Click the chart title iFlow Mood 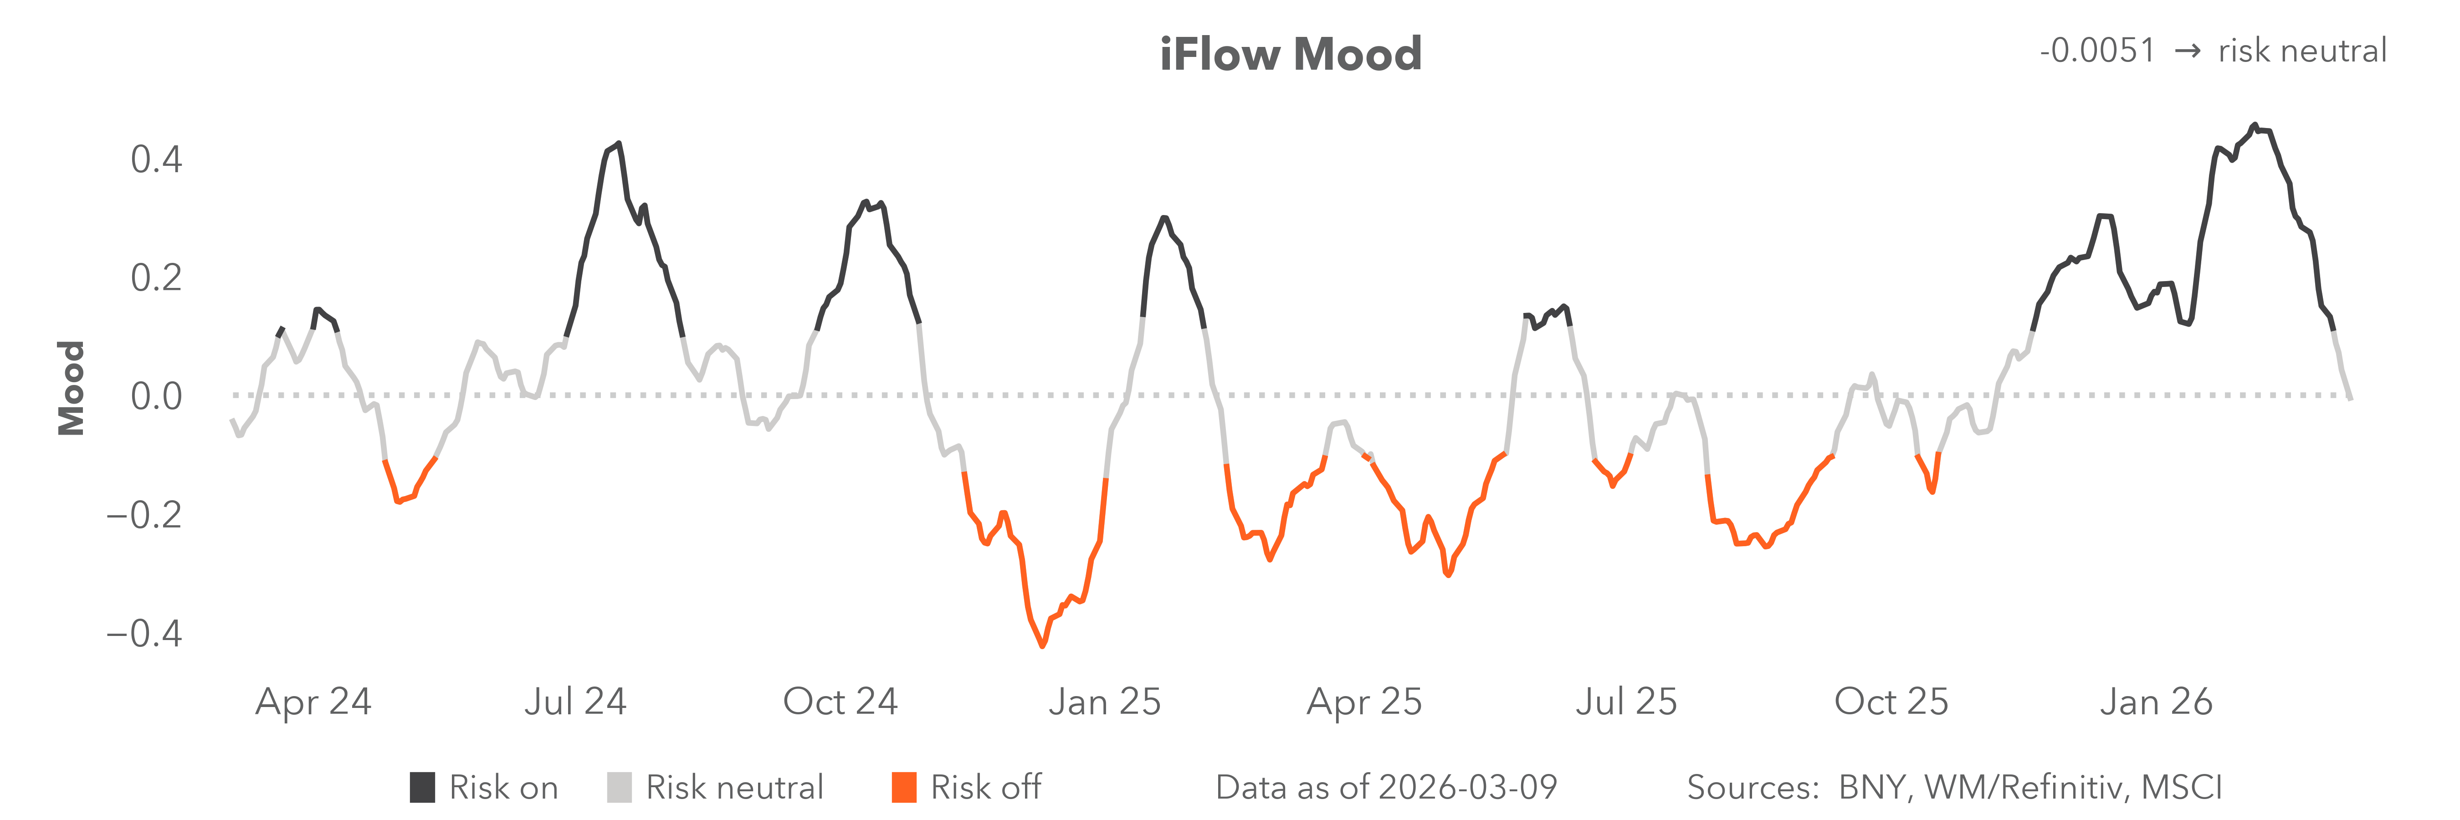1290,54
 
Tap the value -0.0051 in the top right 2097,51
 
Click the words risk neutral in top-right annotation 2301,51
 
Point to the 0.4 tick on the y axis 156,159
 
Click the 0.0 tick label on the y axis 156,396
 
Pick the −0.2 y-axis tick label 143,516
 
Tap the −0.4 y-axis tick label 143,634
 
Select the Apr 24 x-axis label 313,702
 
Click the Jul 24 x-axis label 575,702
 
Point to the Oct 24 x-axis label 840,702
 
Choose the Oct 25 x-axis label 1891,702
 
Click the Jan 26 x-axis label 2155,702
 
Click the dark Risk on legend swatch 422,788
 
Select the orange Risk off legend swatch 903,788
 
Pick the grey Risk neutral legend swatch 619,788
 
